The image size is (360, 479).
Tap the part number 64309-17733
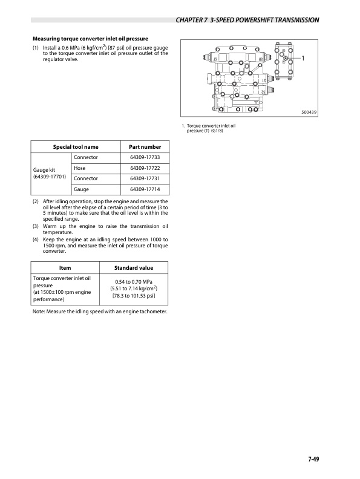coord(145,157)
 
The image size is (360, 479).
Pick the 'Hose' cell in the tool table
coord(80,168)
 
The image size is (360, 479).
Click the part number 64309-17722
coord(145,168)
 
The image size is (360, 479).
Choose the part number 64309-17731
coord(145,178)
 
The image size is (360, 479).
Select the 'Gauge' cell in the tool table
coord(81,189)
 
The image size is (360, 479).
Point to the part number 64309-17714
coord(145,189)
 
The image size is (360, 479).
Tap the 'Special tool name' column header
coord(76,146)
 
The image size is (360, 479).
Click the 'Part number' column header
coord(145,146)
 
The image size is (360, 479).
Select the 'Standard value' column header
coord(134,268)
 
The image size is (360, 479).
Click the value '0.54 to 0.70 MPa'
coord(134,281)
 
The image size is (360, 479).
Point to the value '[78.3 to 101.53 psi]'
coord(134,296)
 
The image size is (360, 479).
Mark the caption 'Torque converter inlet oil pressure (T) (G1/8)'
coord(208,128)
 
